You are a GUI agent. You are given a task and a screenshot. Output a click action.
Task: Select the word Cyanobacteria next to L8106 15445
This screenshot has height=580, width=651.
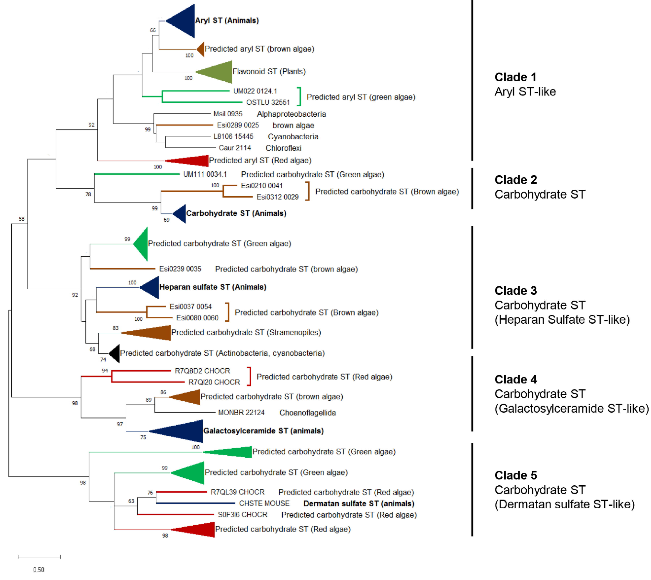coord(293,137)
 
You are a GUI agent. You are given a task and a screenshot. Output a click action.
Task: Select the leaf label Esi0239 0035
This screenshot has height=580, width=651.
coord(180,269)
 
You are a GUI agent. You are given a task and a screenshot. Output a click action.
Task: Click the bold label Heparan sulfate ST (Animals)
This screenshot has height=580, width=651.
coord(213,287)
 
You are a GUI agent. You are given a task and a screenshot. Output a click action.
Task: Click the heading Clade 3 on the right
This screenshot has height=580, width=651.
coord(516,291)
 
